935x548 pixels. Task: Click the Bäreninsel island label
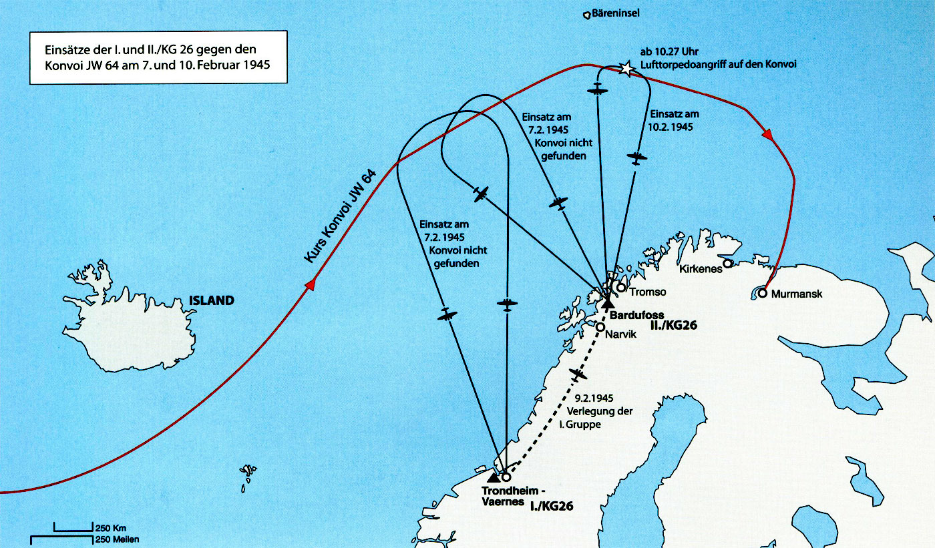[x=615, y=13]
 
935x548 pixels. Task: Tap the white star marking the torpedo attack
[x=626, y=68]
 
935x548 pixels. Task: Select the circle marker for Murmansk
[x=762, y=293]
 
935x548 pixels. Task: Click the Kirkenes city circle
[x=727, y=264]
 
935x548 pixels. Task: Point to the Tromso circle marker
[x=621, y=287]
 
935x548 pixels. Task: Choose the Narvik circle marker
[x=600, y=327]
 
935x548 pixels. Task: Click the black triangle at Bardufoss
[x=607, y=302]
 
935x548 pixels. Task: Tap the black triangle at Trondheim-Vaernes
[x=494, y=477]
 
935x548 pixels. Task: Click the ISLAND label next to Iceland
[x=212, y=300]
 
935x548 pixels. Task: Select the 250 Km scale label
[x=111, y=529]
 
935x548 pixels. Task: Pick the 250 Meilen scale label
[x=118, y=540]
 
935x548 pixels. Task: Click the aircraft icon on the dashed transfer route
[x=577, y=374]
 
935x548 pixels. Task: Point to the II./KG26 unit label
[x=674, y=325]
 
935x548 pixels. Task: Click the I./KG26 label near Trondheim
[x=552, y=507]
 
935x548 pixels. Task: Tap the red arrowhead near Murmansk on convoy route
[x=767, y=134]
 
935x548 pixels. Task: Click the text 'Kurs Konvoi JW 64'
[x=340, y=216]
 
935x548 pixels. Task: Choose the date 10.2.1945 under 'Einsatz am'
[x=671, y=127]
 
